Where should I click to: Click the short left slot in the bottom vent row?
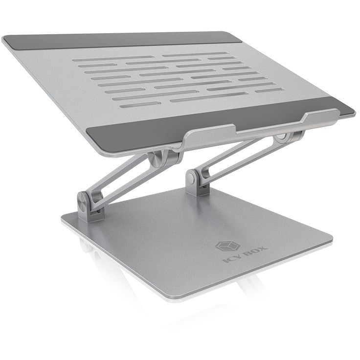click(130, 104)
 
